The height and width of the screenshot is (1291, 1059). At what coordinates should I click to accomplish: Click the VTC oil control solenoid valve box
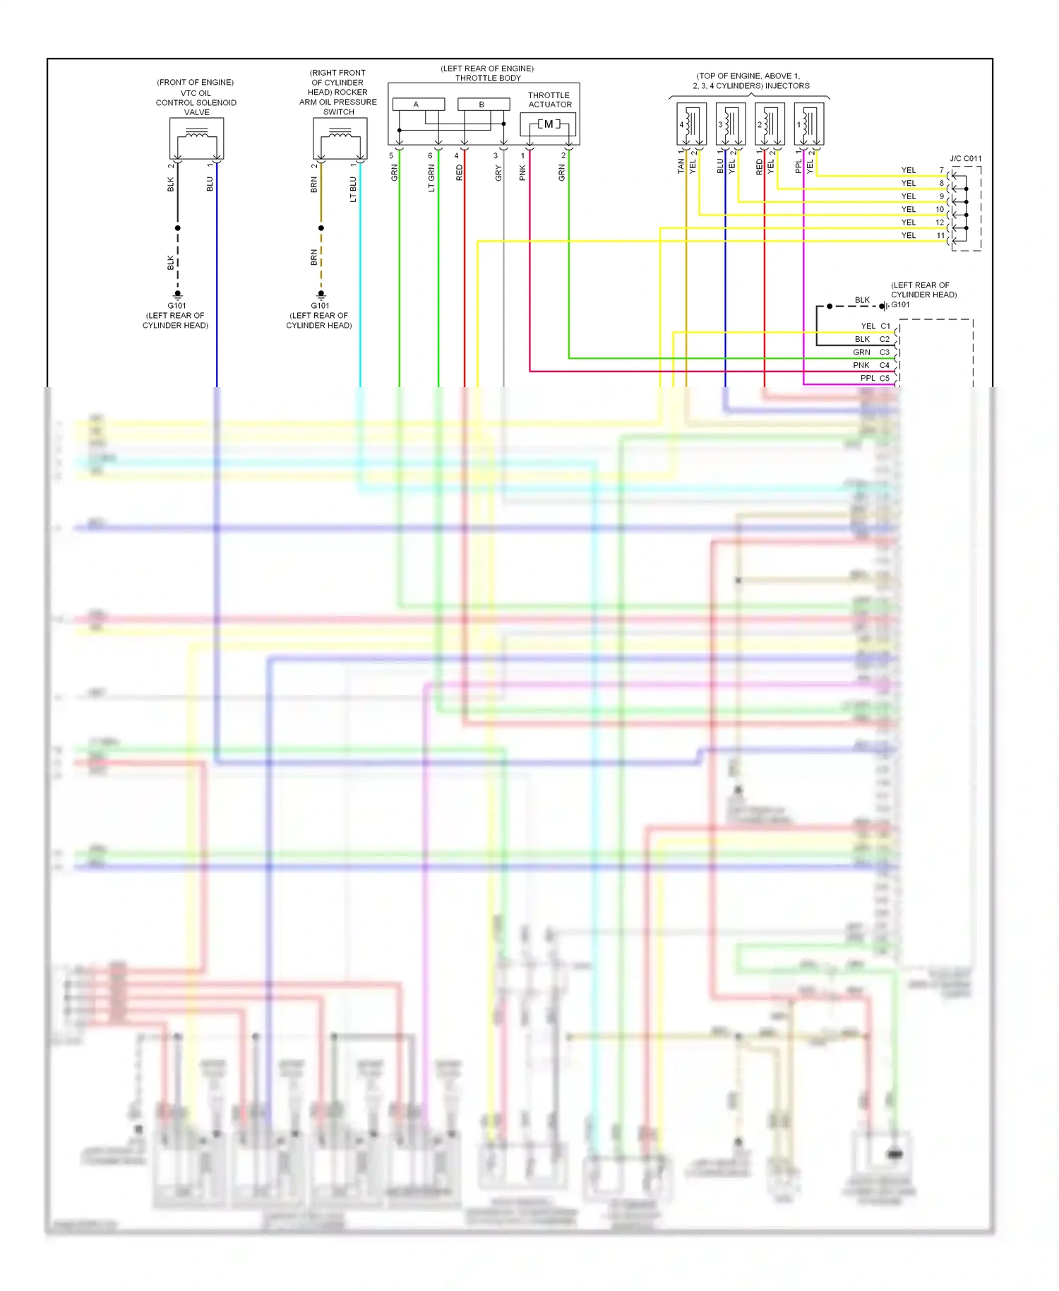pyautogui.click(x=196, y=138)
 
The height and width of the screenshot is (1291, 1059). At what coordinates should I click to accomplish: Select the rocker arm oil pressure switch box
pyautogui.click(x=340, y=138)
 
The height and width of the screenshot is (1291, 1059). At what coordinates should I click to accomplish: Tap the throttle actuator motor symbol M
pyautogui.click(x=549, y=124)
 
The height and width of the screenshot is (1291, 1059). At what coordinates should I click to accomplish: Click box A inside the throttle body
pyautogui.click(x=418, y=105)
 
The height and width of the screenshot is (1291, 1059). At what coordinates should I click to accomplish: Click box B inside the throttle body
pyautogui.click(x=483, y=105)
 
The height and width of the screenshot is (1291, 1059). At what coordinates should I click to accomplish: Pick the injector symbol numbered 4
pyautogui.click(x=691, y=124)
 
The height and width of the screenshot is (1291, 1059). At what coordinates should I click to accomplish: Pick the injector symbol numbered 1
pyautogui.click(x=809, y=124)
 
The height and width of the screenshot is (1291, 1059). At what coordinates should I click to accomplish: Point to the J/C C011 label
pyautogui.click(x=965, y=159)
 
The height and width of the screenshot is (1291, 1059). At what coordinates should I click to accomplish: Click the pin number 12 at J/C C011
pyautogui.click(x=940, y=222)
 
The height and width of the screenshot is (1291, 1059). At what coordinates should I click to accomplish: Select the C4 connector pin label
pyautogui.click(x=884, y=365)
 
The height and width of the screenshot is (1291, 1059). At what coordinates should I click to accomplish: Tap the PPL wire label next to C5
pyautogui.click(x=868, y=379)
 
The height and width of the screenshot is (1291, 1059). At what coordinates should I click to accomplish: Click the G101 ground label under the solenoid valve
pyautogui.click(x=176, y=306)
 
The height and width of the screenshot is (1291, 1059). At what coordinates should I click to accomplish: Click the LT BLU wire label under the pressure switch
pyautogui.click(x=354, y=189)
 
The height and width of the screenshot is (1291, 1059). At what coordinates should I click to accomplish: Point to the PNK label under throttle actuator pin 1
pyautogui.click(x=523, y=172)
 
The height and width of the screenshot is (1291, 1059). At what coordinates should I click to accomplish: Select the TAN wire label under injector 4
pyautogui.click(x=681, y=166)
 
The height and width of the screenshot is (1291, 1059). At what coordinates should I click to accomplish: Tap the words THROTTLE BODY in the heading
pyautogui.click(x=488, y=78)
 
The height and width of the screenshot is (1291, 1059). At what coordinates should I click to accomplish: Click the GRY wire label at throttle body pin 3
pyautogui.click(x=498, y=173)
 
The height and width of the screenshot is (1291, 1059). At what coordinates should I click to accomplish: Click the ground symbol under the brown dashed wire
pyautogui.click(x=321, y=295)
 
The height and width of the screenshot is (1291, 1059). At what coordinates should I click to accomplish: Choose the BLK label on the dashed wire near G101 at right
pyautogui.click(x=862, y=300)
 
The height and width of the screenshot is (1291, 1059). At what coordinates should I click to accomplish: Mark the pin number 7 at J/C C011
pyautogui.click(x=941, y=170)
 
